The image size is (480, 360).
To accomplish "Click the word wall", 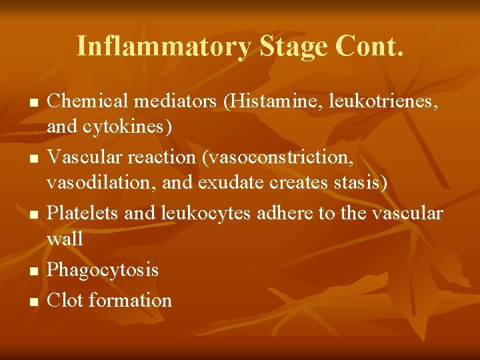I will click(65, 237).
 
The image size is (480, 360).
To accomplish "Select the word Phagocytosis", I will click(103, 270).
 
